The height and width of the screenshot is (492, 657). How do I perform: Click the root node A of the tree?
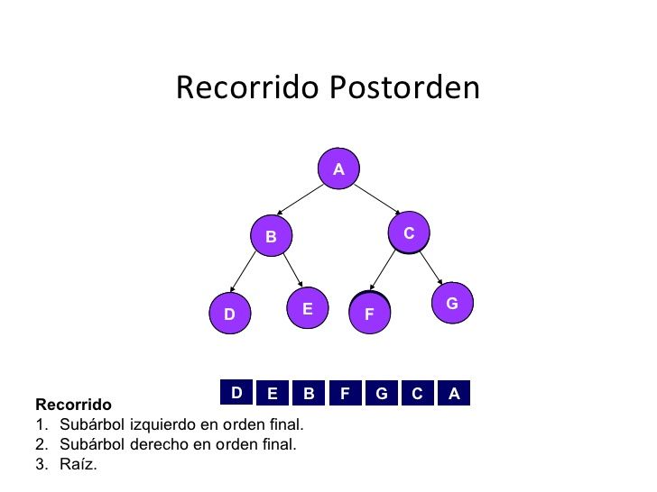click(x=338, y=169)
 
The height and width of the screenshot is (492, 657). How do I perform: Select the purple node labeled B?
click(x=271, y=237)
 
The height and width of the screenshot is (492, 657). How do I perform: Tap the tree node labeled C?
click(x=409, y=233)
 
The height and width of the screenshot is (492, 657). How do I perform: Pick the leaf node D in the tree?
click(x=229, y=314)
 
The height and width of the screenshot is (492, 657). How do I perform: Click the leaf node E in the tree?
click(x=307, y=308)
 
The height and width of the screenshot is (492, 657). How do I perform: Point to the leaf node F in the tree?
click(x=369, y=314)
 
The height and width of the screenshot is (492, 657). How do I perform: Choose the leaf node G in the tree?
click(x=452, y=304)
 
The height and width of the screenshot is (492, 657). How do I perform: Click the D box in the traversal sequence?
click(x=236, y=393)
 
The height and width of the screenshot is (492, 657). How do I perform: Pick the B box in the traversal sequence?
click(x=309, y=394)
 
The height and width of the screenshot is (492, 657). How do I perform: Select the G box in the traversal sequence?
click(x=382, y=394)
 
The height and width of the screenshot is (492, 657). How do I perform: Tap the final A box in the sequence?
click(x=454, y=394)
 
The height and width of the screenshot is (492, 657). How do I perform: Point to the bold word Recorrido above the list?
click(x=73, y=405)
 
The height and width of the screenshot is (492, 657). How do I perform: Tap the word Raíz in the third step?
click(x=78, y=465)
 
